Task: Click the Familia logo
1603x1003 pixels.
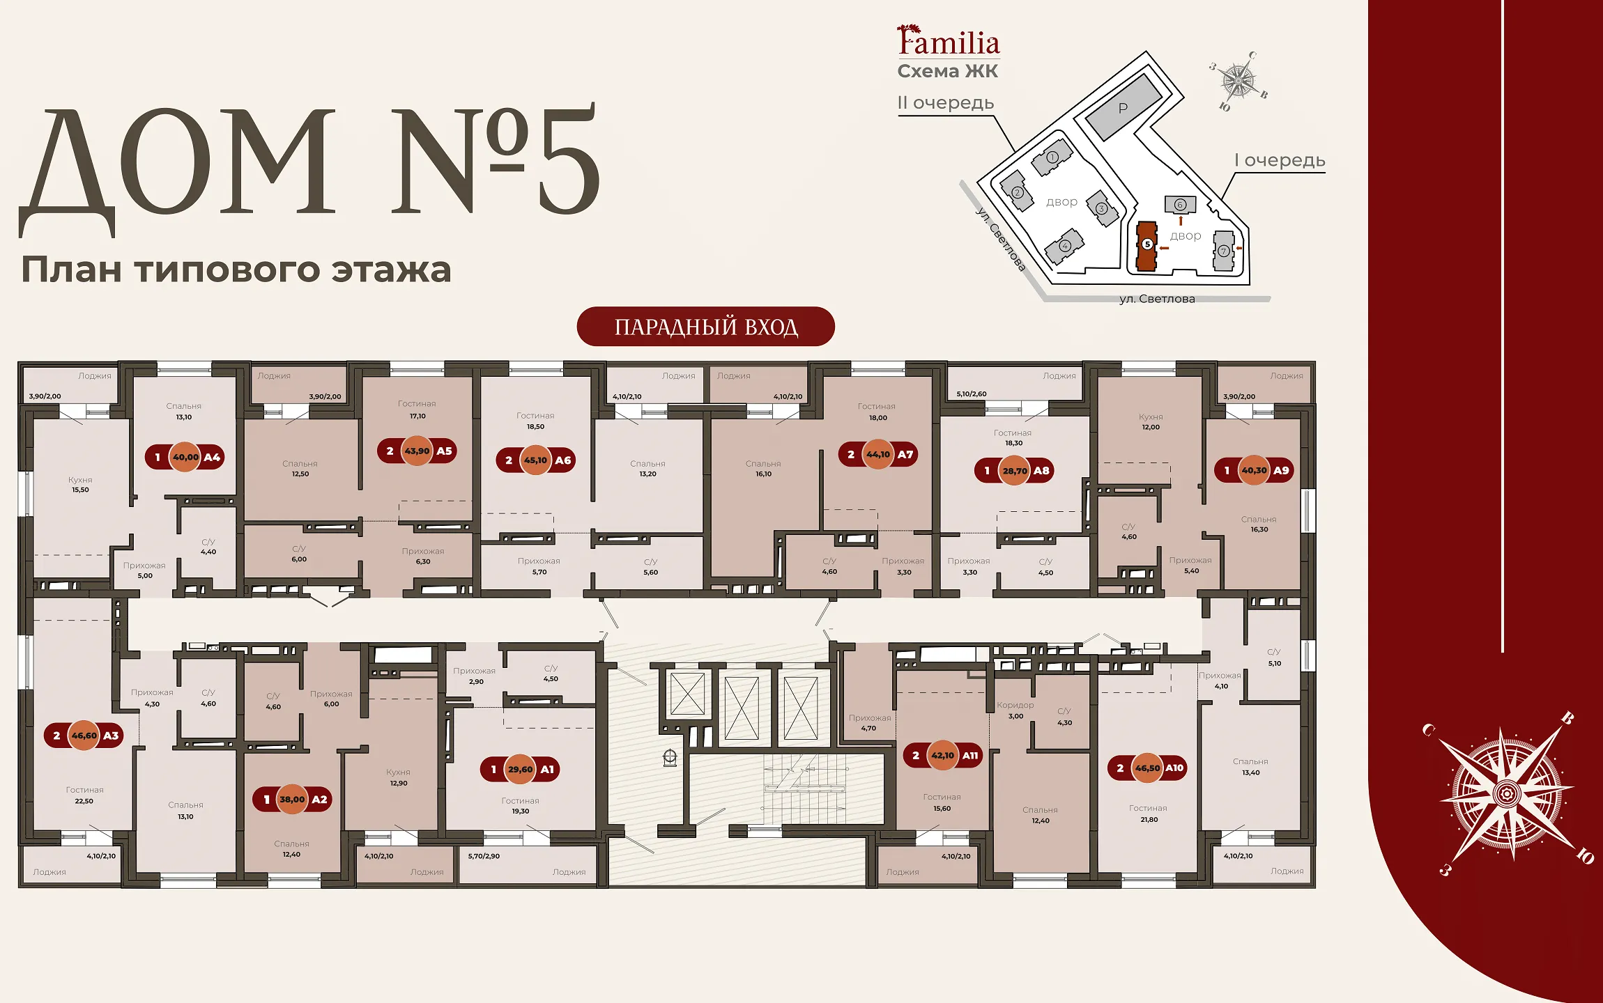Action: [948, 40]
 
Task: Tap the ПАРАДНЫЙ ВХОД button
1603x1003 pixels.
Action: [705, 327]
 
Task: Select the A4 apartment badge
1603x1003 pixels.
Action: [185, 457]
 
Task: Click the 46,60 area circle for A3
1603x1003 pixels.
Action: [84, 736]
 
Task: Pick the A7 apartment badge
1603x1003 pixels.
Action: [878, 454]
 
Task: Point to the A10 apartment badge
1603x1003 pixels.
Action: [1147, 768]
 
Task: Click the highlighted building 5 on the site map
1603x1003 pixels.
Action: [1146, 245]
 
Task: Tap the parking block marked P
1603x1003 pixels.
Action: [1123, 107]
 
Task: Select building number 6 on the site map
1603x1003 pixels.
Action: [1180, 204]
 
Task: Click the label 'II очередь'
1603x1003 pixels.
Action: [945, 103]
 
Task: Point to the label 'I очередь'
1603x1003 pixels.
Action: [1280, 160]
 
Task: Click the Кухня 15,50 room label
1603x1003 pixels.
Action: [80, 485]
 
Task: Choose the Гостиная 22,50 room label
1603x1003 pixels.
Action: [84, 795]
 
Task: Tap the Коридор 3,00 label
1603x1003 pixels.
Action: [1015, 710]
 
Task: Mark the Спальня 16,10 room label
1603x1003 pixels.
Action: [763, 469]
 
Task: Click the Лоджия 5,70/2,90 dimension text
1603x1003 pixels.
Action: [484, 856]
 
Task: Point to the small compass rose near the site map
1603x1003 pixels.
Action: [1238, 81]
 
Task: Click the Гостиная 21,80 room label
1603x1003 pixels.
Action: [1149, 814]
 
